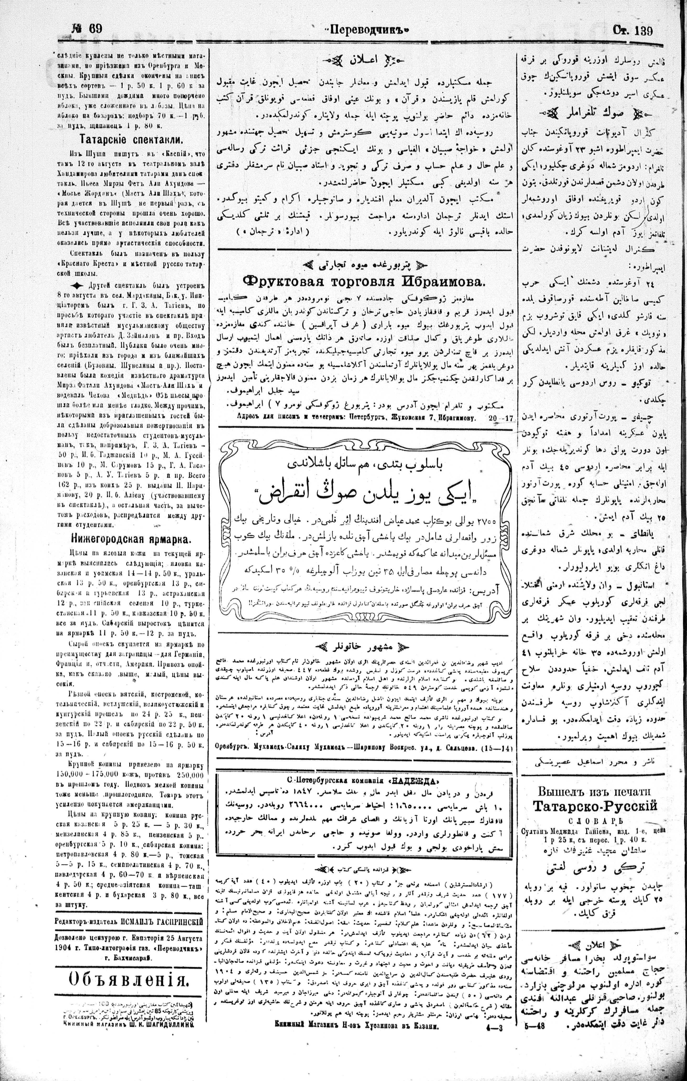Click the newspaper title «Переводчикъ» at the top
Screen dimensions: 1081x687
coord(367,30)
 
